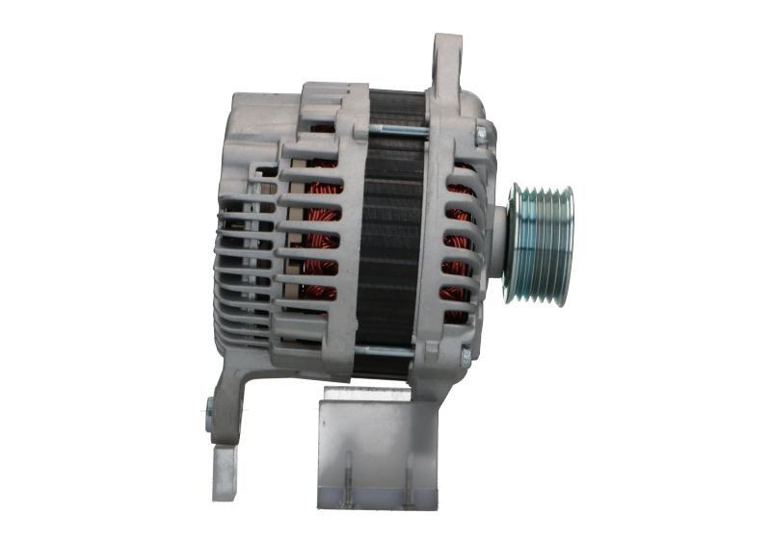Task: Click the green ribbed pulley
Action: click(x=542, y=243)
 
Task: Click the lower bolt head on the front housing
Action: click(x=465, y=357)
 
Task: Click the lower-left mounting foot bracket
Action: click(x=227, y=404)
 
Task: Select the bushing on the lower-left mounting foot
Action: click(x=209, y=414)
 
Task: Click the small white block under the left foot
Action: click(x=224, y=471)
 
